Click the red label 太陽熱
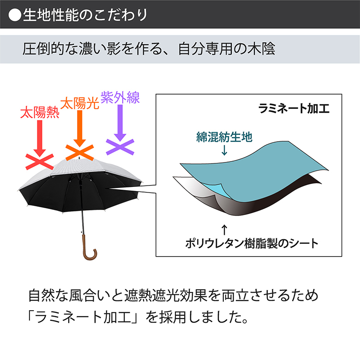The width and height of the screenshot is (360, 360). pos(40,113)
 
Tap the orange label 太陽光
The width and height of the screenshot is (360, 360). pos(79,103)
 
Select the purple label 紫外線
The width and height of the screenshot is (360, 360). pos(120,97)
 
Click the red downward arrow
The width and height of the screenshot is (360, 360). pos(40,138)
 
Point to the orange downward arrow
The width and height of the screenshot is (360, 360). pos(80,128)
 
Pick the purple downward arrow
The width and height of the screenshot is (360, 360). pos(120,123)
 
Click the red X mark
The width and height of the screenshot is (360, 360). pos(40,162)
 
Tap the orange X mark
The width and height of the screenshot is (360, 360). pos(80,152)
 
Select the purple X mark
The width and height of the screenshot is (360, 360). pos(120,147)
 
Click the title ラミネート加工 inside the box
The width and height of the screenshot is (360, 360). pos(294,108)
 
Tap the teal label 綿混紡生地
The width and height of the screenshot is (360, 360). pos(224,137)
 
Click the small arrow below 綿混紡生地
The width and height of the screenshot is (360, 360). pos(224,150)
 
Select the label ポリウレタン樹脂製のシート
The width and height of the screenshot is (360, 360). pos(252,243)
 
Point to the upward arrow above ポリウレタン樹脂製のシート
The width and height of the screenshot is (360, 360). pos(224,229)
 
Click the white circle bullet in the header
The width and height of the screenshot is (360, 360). pos(15,15)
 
